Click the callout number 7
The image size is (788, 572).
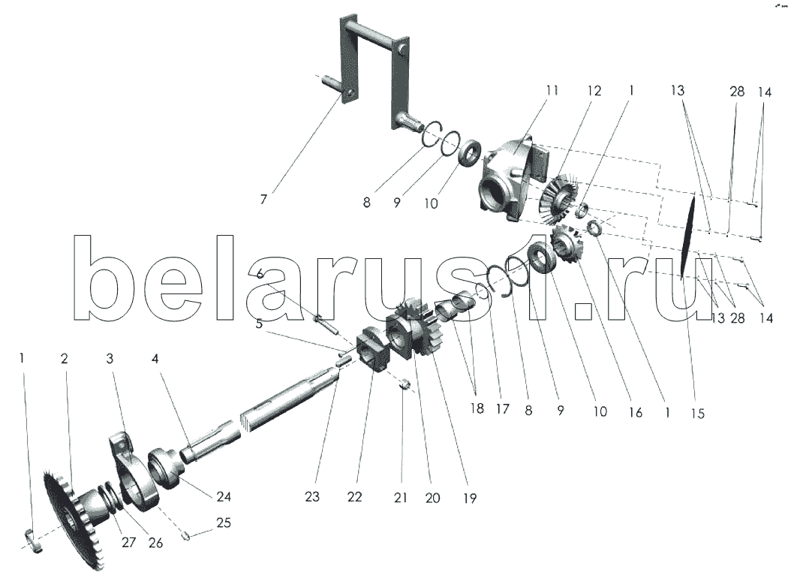point(263,200)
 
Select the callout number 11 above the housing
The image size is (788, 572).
point(552,91)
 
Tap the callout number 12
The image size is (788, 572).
point(594,91)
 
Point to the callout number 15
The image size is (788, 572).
point(697,413)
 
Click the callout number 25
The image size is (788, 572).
point(224,522)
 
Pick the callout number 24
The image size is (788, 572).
point(224,497)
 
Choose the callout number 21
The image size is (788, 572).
point(401,498)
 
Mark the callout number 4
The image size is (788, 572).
point(155,358)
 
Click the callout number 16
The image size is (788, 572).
point(635,412)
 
